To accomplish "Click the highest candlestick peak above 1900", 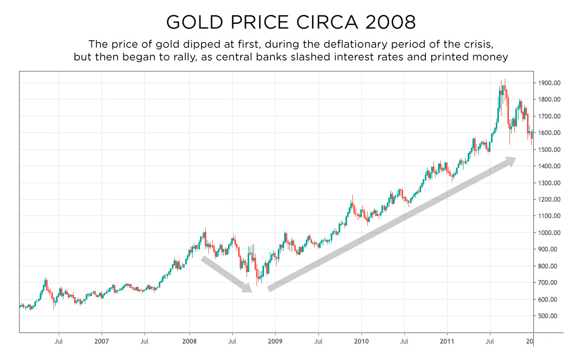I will click(505, 80).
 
